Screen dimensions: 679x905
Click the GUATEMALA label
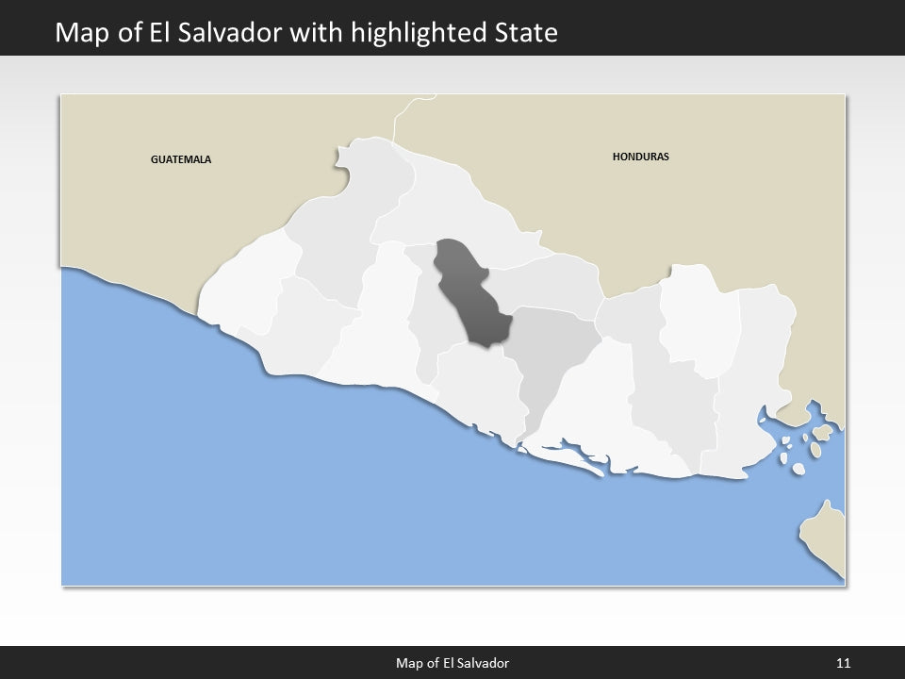coord(181,159)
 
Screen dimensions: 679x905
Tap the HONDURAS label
coord(640,157)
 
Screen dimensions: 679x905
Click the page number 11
coord(843,663)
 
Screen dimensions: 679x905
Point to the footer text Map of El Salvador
coord(452,663)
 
